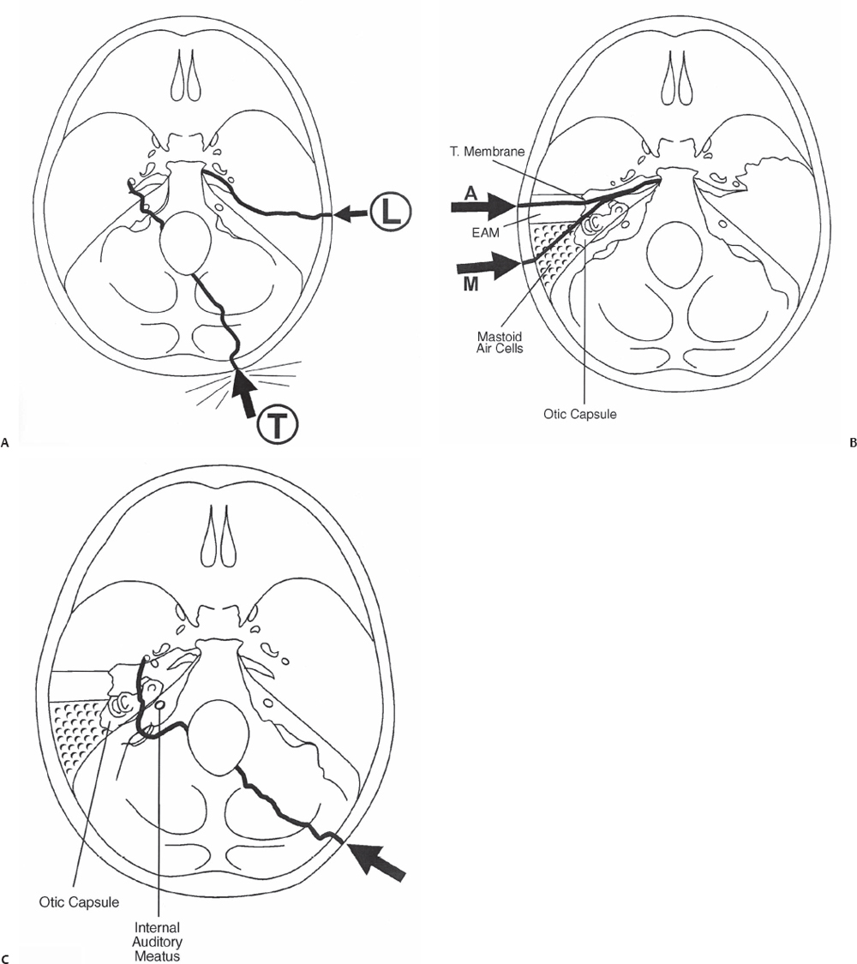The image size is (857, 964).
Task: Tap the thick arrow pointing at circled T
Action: [246, 391]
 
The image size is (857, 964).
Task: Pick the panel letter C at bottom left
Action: [7, 957]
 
